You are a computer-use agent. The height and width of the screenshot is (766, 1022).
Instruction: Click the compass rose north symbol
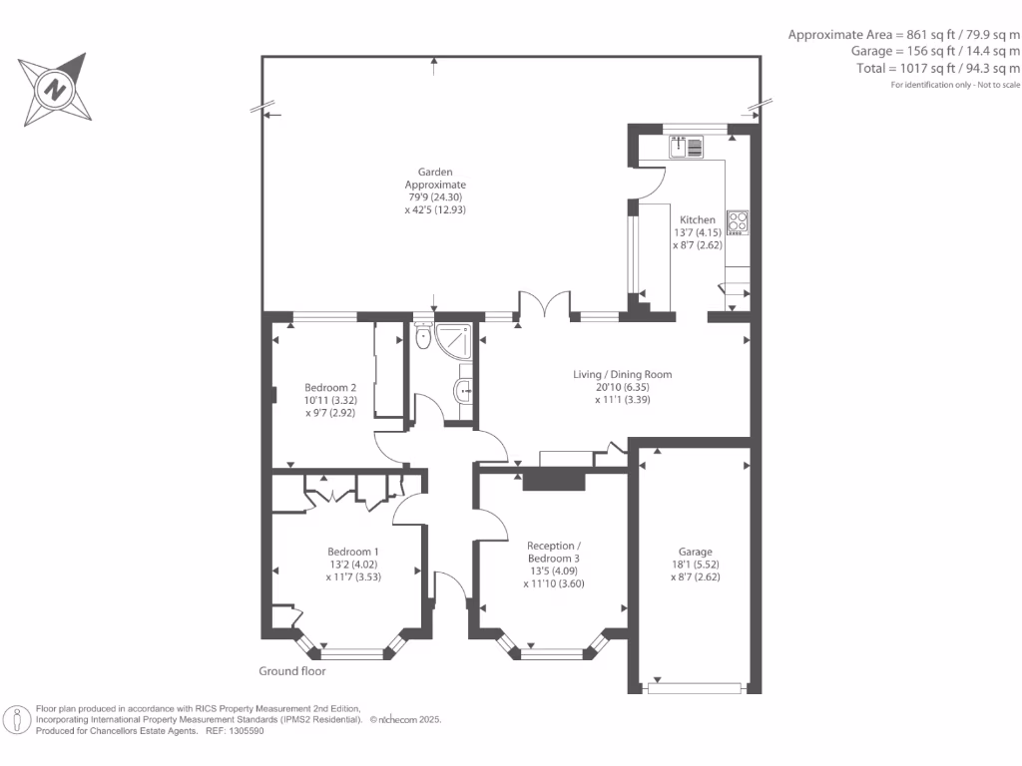tap(55, 89)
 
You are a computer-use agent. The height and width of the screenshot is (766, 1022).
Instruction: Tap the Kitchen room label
tap(698, 220)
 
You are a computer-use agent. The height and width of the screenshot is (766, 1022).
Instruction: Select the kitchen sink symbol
tap(686, 147)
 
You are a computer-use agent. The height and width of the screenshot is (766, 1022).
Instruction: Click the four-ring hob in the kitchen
tap(738, 222)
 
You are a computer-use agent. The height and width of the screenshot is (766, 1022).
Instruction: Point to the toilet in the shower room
tap(423, 335)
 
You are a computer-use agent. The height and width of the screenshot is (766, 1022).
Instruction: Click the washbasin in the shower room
tap(463, 391)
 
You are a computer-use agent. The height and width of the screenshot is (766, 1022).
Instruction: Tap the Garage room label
tap(696, 552)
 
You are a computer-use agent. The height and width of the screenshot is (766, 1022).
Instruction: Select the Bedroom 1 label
tap(352, 552)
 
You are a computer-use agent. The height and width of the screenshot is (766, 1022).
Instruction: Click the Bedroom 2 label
tap(330, 388)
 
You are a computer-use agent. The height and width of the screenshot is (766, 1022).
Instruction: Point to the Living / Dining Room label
tap(623, 375)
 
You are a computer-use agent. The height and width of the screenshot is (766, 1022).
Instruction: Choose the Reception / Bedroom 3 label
tap(553, 552)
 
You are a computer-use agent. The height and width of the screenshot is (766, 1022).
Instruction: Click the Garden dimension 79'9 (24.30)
tap(435, 196)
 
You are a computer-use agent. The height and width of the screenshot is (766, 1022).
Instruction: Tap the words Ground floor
tap(292, 671)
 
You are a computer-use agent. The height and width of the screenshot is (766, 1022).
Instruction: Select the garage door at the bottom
tap(695, 688)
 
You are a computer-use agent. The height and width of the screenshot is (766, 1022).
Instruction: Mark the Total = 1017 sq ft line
tap(938, 69)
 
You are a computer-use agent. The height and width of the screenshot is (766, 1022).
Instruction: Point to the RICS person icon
tap(17, 720)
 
